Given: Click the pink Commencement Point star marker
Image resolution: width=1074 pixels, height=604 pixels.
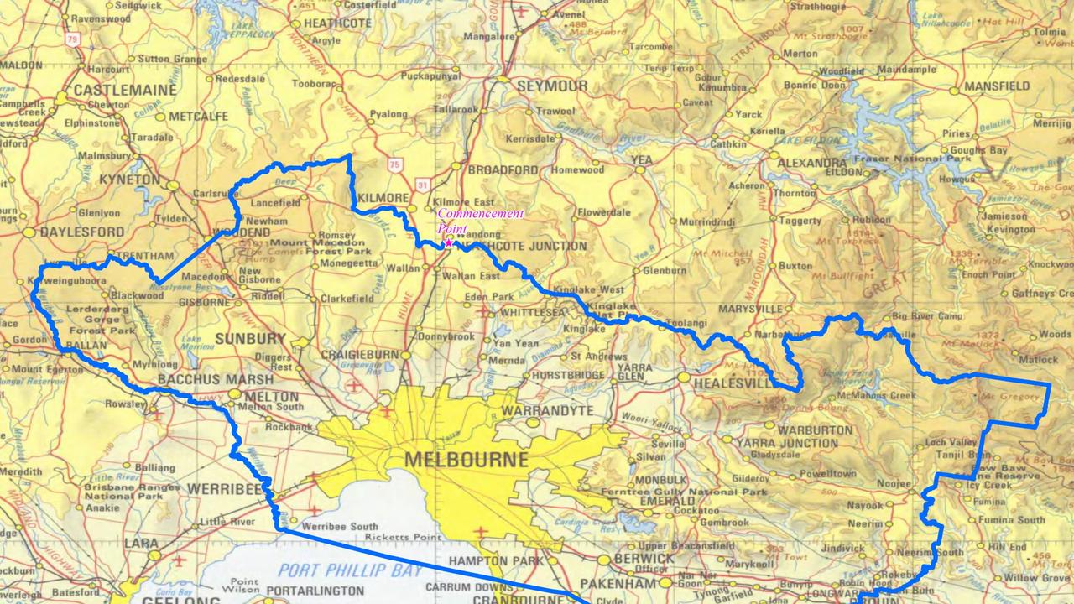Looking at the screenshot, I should [x=448, y=243].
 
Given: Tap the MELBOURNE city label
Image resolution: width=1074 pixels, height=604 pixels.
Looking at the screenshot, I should [x=467, y=460].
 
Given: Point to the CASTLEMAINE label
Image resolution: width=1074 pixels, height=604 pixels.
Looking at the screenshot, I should [x=125, y=89].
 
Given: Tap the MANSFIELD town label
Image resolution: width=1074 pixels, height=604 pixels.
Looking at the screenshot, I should [x=997, y=86].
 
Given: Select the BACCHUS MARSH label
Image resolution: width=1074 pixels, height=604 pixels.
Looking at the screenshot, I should [x=204, y=380].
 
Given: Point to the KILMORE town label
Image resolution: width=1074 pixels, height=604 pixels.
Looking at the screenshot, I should [x=383, y=198].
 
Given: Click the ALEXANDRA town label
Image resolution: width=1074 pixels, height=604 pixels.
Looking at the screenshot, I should [x=812, y=163].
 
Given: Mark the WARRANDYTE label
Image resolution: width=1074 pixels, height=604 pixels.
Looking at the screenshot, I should [x=547, y=411].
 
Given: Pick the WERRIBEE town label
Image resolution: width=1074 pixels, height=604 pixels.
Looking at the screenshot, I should [x=221, y=487].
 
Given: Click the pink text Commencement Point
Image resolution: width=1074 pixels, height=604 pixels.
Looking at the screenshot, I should [x=479, y=221].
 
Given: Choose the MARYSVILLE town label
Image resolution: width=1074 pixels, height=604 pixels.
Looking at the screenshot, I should [x=751, y=309].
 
